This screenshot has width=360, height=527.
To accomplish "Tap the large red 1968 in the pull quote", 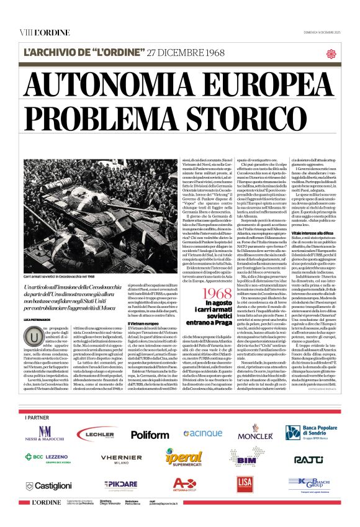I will click(x=205, y=291).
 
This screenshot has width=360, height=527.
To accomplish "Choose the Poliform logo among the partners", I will click(x=149, y=435).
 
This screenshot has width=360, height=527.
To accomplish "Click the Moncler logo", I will click(x=254, y=435).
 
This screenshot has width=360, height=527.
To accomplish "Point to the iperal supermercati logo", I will click(x=184, y=459).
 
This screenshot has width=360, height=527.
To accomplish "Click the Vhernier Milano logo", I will click(x=121, y=459).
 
